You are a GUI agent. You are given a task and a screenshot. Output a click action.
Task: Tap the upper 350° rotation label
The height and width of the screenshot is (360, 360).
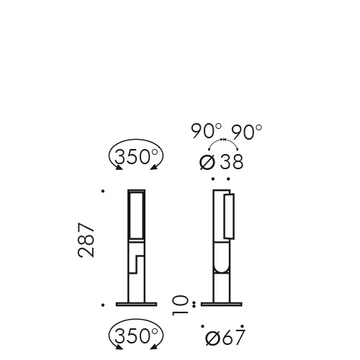coord(136,157)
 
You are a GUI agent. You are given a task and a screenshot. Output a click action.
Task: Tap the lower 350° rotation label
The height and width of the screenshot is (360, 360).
coord(136,336)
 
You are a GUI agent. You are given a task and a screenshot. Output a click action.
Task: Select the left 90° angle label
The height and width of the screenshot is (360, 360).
coord(205,130)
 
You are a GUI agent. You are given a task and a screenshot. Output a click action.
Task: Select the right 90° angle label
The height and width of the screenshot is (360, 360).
coord(246,130)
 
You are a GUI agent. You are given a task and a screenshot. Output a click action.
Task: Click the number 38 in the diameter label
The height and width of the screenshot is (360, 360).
coord(231,162)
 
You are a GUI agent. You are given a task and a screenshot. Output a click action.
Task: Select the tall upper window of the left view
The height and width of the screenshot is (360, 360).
coord(136,215)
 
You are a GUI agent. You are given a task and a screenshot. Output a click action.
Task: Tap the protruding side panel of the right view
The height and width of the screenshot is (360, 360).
coord(230,215)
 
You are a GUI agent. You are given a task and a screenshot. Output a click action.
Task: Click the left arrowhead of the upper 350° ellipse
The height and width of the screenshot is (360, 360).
coord(118,168)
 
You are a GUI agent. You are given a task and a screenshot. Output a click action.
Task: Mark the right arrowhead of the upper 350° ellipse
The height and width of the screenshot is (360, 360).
coord(153,168)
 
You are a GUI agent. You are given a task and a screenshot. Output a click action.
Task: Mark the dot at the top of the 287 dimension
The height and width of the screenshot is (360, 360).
coord(104,192)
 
